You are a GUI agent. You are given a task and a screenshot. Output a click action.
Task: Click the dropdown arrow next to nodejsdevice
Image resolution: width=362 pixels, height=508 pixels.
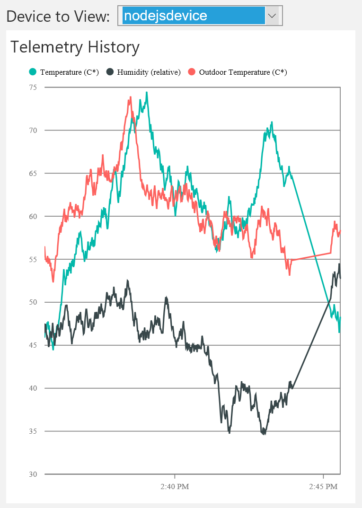[272, 16]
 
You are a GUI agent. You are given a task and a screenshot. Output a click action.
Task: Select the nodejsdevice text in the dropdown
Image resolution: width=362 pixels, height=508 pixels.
[165, 16]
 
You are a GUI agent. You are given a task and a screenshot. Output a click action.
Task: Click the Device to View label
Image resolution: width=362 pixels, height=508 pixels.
[58, 16]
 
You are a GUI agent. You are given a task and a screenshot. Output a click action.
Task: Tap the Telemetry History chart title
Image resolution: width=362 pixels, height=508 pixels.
[75, 47]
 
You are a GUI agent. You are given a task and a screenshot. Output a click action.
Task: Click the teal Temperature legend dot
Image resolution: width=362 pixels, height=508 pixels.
[33, 72]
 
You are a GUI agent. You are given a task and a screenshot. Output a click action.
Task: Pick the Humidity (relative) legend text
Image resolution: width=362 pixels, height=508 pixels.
[149, 72]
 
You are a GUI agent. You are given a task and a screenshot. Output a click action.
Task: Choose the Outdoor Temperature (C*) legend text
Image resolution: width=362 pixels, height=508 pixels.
[243, 72]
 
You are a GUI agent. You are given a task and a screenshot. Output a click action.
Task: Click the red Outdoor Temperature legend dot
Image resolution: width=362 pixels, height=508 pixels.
[192, 72]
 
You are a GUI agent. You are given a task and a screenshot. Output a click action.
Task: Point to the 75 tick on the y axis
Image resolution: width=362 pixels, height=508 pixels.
[33, 87]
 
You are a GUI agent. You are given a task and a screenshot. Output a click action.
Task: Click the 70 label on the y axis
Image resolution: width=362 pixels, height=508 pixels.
[33, 130]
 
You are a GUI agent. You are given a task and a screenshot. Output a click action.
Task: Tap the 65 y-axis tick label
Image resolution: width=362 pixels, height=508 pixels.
[33, 173]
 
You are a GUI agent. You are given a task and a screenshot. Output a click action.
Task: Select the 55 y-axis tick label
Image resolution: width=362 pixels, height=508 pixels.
[33, 259]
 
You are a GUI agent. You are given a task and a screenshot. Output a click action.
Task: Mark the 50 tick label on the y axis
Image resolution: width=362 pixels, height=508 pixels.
[33, 302]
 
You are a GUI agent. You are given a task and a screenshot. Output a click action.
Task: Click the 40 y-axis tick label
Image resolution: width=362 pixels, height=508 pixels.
[33, 388]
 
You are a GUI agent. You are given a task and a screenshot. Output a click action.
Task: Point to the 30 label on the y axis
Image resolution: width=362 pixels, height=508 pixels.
[33, 474]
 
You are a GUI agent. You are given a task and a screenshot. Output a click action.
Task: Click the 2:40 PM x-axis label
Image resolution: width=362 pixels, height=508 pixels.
[175, 486]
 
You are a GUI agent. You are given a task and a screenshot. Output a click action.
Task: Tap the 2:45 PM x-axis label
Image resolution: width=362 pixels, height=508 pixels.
[324, 486]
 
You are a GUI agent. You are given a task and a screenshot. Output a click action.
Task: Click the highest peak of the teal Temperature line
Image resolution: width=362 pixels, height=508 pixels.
[147, 92]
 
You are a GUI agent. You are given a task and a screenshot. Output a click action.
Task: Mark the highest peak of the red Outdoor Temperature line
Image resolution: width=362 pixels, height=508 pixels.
[130, 97]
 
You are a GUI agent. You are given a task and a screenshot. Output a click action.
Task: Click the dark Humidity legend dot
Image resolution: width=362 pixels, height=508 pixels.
[110, 72]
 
